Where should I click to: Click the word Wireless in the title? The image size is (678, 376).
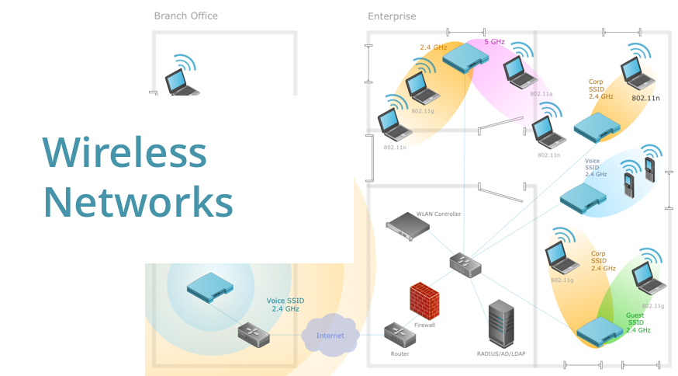point(124,152)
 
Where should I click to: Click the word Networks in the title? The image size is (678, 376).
point(137,202)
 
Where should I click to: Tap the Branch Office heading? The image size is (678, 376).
point(185,16)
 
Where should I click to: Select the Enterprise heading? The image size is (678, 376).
point(392,16)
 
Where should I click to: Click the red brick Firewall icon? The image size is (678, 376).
point(424,299)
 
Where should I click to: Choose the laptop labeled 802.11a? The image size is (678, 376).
point(517,71)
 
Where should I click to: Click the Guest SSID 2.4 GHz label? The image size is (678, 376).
point(638,323)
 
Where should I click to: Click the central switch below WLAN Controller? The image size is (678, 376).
point(465,264)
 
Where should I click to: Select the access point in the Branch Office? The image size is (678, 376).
point(209,284)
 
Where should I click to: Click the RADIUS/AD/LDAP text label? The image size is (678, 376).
point(500,354)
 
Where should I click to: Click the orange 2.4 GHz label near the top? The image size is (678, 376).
point(433,47)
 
